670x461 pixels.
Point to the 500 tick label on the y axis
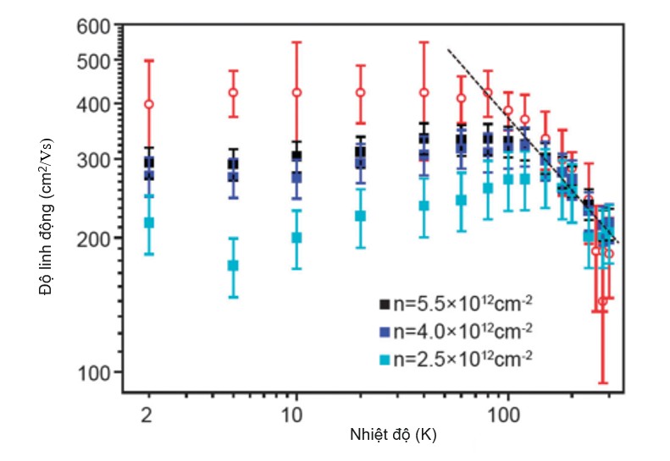(x=99, y=61)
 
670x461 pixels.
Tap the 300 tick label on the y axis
(x=99, y=160)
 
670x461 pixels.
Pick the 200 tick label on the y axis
(x=99, y=238)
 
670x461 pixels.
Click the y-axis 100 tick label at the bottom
(x=99, y=372)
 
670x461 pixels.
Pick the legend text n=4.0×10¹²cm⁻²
(x=462, y=329)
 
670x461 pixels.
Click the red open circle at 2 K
(x=149, y=104)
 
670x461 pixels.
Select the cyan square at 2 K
(x=149, y=222)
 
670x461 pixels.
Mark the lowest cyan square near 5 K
(x=233, y=266)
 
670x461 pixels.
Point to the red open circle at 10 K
(x=296, y=92)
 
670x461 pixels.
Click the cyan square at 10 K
(x=296, y=238)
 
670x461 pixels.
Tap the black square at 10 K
(x=296, y=156)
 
